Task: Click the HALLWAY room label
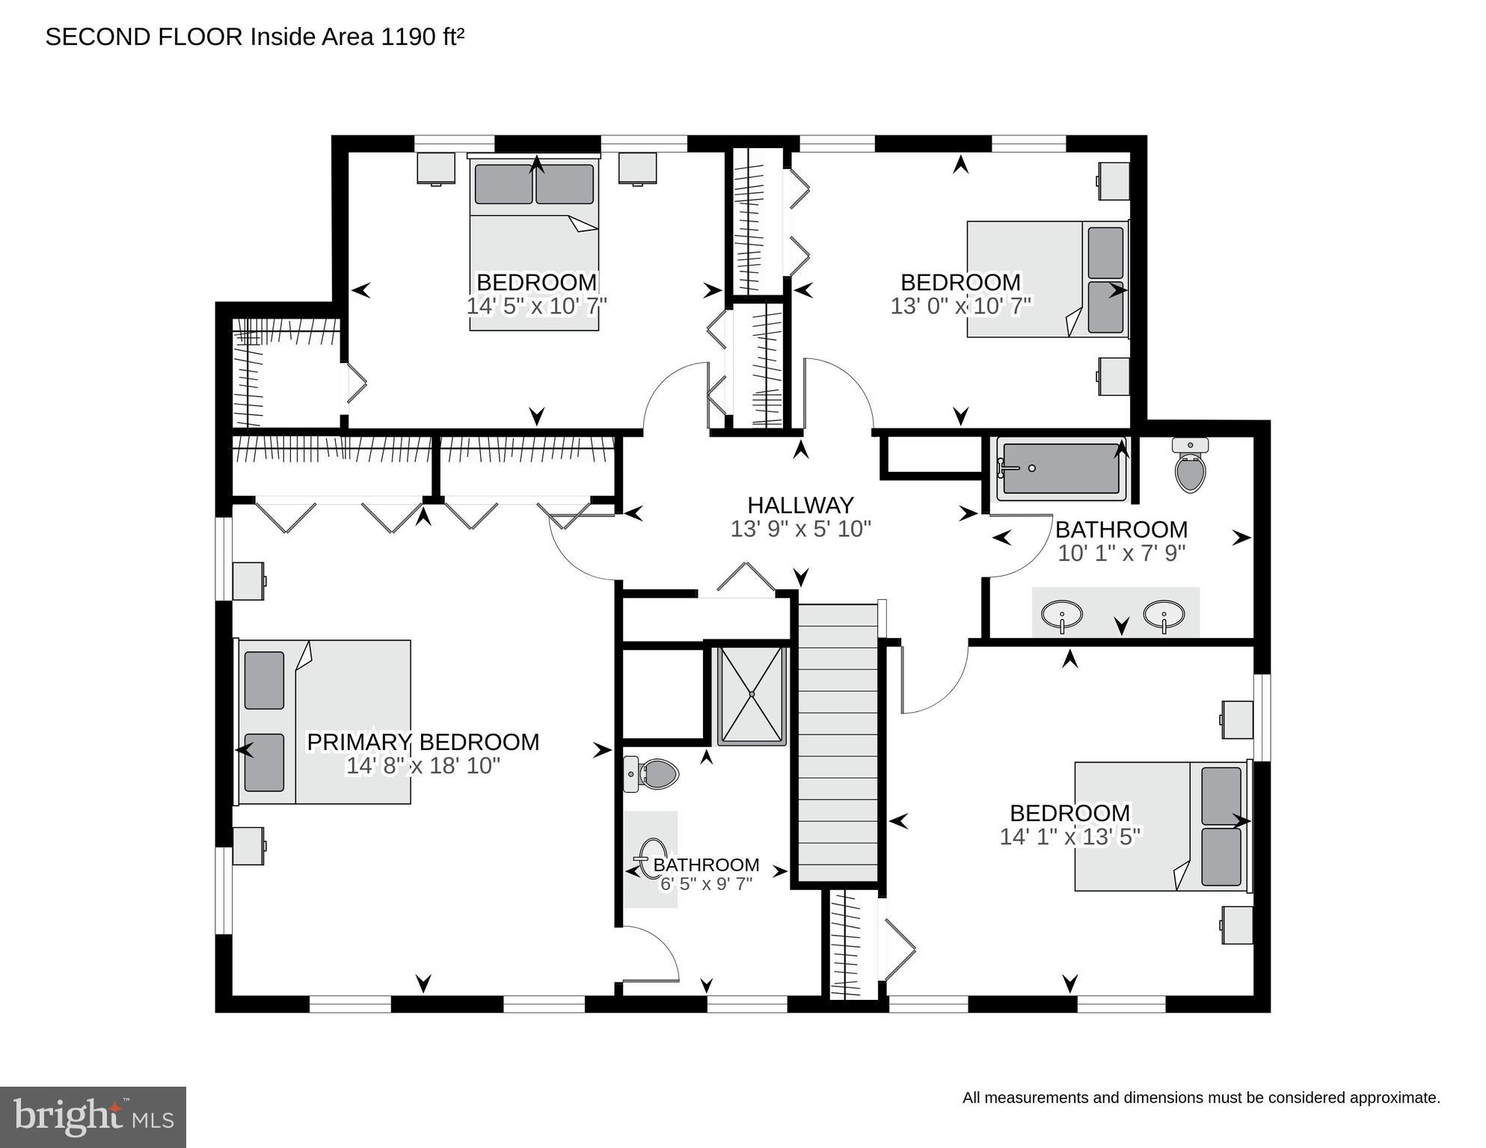coord(800,505)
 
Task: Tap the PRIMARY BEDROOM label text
coord(423,742)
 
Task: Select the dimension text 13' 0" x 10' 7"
coord(960,306)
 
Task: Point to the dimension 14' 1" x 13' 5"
coord(1069,836)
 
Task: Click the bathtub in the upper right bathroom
coord(1060,469)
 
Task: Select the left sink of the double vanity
coord(1061,616)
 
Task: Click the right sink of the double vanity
coord(1163,615)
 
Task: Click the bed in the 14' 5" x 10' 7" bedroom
coord(534,243)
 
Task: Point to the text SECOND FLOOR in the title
coord(144,37)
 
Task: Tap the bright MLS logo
coord(93,1117)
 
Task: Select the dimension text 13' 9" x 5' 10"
coord(800,530)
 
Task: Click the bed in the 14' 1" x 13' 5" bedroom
coord(1161,826)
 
